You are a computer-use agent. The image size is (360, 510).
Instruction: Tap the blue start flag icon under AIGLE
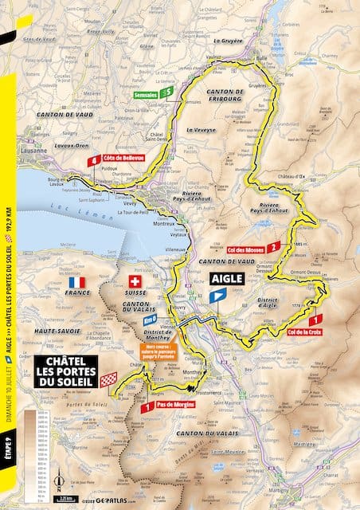217,295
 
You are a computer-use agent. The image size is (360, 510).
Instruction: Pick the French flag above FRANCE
76,283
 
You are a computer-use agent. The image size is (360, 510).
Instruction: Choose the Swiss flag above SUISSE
135,283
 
